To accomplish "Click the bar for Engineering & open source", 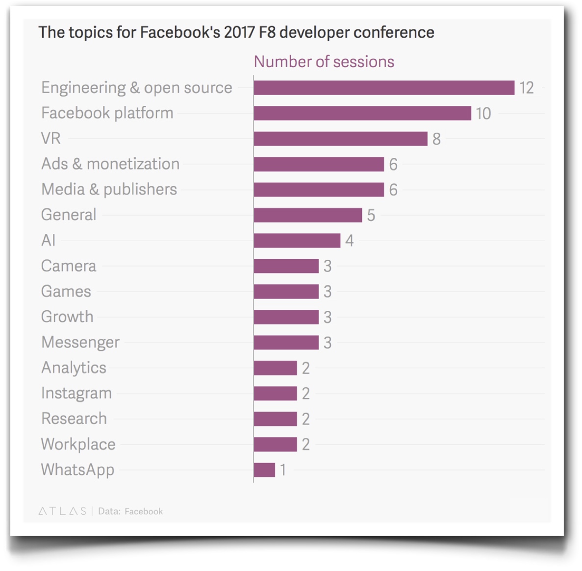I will [x=384, y=88].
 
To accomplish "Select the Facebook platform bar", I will [x=362, y=113].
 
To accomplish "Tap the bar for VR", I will [x=340, y=139].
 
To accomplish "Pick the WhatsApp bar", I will [x=265, y=470].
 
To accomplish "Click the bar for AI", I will [x=297, y=241].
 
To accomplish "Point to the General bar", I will [x=308, y=215].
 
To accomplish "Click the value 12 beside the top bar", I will [x=527, y=88].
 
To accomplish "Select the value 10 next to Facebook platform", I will [x=483, y=114].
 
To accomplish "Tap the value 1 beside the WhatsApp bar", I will [x=283, y=470].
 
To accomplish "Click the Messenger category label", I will [x=80, y=342].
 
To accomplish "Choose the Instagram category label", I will [x=76, y=393].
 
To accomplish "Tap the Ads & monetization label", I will [x=110, y=164].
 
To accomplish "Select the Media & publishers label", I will [x=109, y=189].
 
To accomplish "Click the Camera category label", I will [x=69, y=266].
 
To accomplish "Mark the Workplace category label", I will [x=78, y=444].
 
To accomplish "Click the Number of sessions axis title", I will [x=324, y=62].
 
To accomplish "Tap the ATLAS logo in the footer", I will [x=62, y=511].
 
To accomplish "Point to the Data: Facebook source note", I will [x=130, y=511].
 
